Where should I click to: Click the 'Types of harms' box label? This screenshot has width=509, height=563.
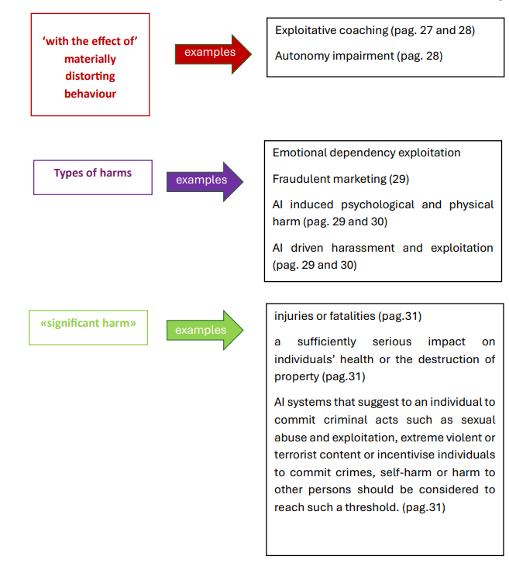[93, 173]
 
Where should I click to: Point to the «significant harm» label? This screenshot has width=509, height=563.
[88, 323]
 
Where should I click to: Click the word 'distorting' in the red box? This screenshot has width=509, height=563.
[90, 77]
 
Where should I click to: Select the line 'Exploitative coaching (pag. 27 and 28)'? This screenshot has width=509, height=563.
[374, 30]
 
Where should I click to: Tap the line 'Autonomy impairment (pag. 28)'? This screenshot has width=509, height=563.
[359, 55]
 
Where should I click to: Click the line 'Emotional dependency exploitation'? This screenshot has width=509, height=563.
[366, 153]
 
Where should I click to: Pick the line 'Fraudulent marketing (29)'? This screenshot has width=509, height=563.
[339, 179]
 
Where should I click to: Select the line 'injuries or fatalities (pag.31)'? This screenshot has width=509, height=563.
[348, 316]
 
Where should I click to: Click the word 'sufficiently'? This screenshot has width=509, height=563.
[326, 342]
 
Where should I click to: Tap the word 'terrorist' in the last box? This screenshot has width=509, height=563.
[297, 455]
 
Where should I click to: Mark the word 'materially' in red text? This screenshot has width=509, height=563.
[90, 59]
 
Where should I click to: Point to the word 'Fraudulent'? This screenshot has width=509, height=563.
[301, 179]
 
